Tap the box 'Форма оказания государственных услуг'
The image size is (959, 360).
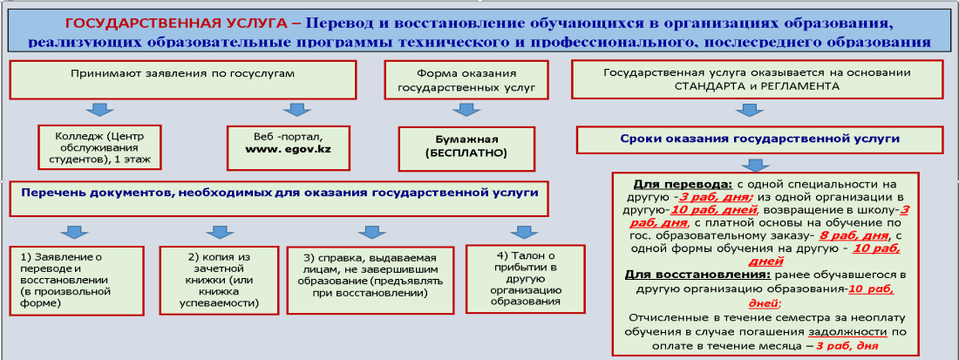point(466,79)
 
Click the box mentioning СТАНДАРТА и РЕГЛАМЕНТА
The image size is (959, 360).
point(757,79)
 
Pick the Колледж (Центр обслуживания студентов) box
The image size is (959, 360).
point(99,147)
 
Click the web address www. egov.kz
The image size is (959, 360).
point(288,149)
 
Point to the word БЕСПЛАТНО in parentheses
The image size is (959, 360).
point(466,153)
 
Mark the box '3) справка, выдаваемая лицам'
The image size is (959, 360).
point(371,280)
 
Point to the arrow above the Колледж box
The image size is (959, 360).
point(99,110)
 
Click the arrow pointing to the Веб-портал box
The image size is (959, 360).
point(296,110)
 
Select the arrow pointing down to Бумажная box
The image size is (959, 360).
point(466,110)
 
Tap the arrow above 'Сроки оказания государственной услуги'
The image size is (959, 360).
point(751,110)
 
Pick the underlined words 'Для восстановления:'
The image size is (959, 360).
point(684,275)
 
